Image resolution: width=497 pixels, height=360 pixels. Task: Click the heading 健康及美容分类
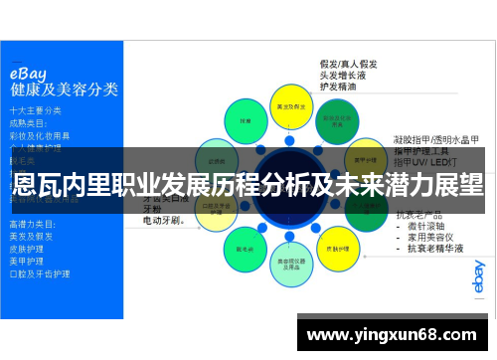tap(64, 90)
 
